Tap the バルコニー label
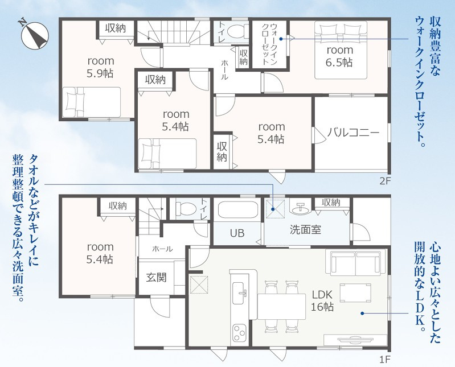tap(354, 133)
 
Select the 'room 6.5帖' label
tap(340, 56)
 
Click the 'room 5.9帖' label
tap(100, 67)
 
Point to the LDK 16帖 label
tap(322, 300)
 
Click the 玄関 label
tap(156, 278)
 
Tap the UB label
tap(237, 233)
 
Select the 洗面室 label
tap(305, 230)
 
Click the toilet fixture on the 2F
tap(237, 31)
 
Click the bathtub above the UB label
tap(237, 209)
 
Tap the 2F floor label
tap(386, 182)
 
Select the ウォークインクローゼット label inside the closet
tap(269, 44)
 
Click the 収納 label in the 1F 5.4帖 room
tap(117, 206)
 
